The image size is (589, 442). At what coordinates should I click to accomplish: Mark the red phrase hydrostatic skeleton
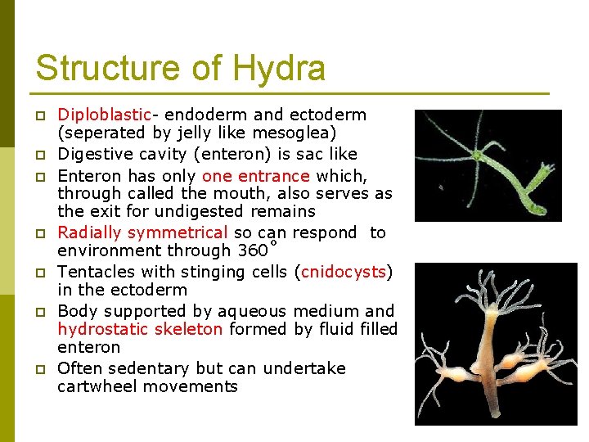(x=140, y=329)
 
